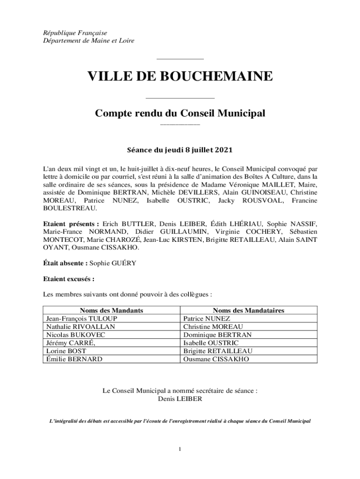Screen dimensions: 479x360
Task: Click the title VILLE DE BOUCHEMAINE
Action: coord(180,76)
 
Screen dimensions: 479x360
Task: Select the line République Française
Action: coord(72,33)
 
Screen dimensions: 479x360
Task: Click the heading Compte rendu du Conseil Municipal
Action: coord(180,113)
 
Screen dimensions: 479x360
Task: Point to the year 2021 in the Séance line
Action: coord(223,150)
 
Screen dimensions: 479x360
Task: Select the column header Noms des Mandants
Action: coord(111,310)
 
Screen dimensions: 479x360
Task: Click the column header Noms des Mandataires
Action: coord(249,310)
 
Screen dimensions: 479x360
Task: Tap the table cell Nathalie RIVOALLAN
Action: coord(80,327)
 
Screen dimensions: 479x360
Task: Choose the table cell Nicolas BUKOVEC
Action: coord(76,335)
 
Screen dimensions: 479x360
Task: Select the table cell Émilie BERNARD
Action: coord(74,359)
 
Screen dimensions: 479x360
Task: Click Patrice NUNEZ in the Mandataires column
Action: coord(207,319)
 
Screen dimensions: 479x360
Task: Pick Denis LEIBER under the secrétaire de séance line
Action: coord(180,399)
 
